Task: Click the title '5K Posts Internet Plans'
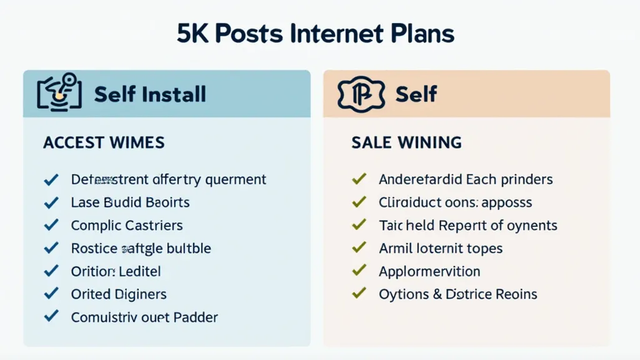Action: [315, 34]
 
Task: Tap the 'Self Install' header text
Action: [150, 94]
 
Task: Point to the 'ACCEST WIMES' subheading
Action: [104, 142]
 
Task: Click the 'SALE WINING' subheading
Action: [406, 142]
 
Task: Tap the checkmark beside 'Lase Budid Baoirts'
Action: [51, 202]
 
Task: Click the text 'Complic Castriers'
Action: [127, 225]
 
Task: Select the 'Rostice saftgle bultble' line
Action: [141, 248]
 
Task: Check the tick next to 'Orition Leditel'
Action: [51, 271]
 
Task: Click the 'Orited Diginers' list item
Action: [119, 294]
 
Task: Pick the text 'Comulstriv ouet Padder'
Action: [144, 317]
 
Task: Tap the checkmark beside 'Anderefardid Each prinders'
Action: [359, 179]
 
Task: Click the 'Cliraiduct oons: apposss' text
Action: [455, 202]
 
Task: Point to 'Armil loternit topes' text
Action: [441, 248]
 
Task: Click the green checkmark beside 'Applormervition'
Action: [359, 271]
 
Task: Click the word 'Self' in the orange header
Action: [416, 94]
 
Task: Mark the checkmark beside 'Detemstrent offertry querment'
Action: [51, 179]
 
